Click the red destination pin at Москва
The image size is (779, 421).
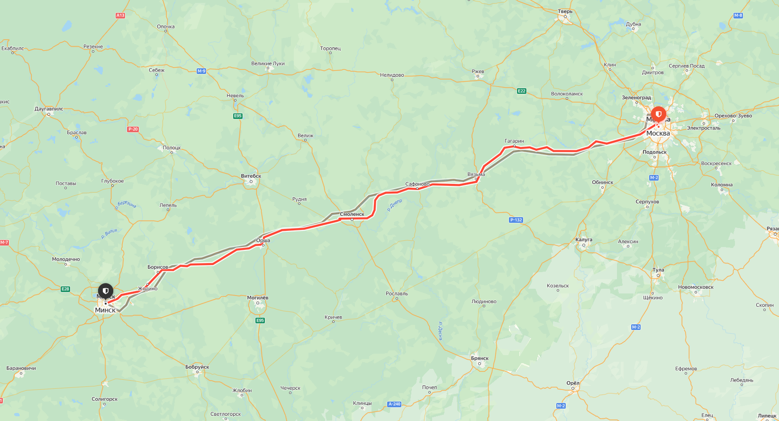(x=658, y=115)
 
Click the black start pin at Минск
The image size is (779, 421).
(x=106, y=291)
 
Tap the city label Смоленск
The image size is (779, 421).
(x=352, y=214)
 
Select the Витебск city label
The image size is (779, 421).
(x=251, y=176)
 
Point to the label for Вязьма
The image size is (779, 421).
(x=476, y=174)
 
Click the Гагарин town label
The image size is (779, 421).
(x=514, y=141)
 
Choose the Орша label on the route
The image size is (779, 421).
(x=263, y=240)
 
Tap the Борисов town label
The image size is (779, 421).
(x=158, y=267)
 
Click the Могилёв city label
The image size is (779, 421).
(x=258, y=298)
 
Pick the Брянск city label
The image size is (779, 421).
(x=480, y=358)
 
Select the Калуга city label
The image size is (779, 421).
(x=584, y=239)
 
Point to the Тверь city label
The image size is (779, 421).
(x=565, y=11)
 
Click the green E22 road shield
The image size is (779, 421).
(x=522, y=91)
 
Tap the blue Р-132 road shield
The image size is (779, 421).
(x=516, y=220)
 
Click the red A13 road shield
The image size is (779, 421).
(x=120, y=16)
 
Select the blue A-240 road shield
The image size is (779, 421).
(x=394, y=404)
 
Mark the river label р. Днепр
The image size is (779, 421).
(x=395, y=205)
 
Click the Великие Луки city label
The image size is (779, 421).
(x=268, y=64)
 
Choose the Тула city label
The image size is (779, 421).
(x=658, y=270)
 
